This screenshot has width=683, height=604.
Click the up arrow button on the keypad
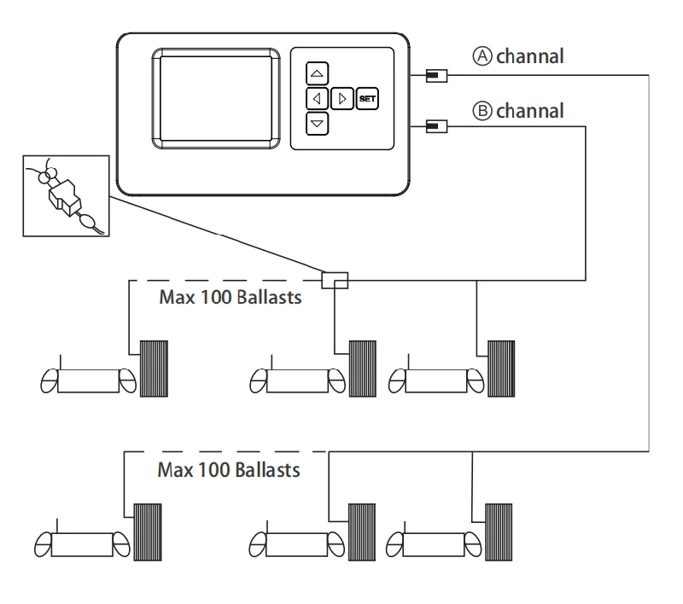317,73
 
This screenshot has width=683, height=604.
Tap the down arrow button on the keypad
317,124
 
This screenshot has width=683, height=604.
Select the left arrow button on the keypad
317,99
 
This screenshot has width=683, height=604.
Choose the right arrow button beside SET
342,99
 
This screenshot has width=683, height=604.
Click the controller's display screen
216,99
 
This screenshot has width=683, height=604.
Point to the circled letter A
482,56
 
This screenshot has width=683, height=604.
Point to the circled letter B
482,111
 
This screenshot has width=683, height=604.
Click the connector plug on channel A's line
436,76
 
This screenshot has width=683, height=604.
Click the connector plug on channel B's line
436,126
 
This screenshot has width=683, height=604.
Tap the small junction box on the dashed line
335,280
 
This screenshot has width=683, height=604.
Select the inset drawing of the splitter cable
67,196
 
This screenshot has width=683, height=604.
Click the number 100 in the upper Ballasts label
216,297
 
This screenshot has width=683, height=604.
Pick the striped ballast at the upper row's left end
154,369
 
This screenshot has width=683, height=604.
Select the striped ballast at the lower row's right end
499,532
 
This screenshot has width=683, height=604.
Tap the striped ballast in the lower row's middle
362,532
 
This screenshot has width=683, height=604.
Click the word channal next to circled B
529,111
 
